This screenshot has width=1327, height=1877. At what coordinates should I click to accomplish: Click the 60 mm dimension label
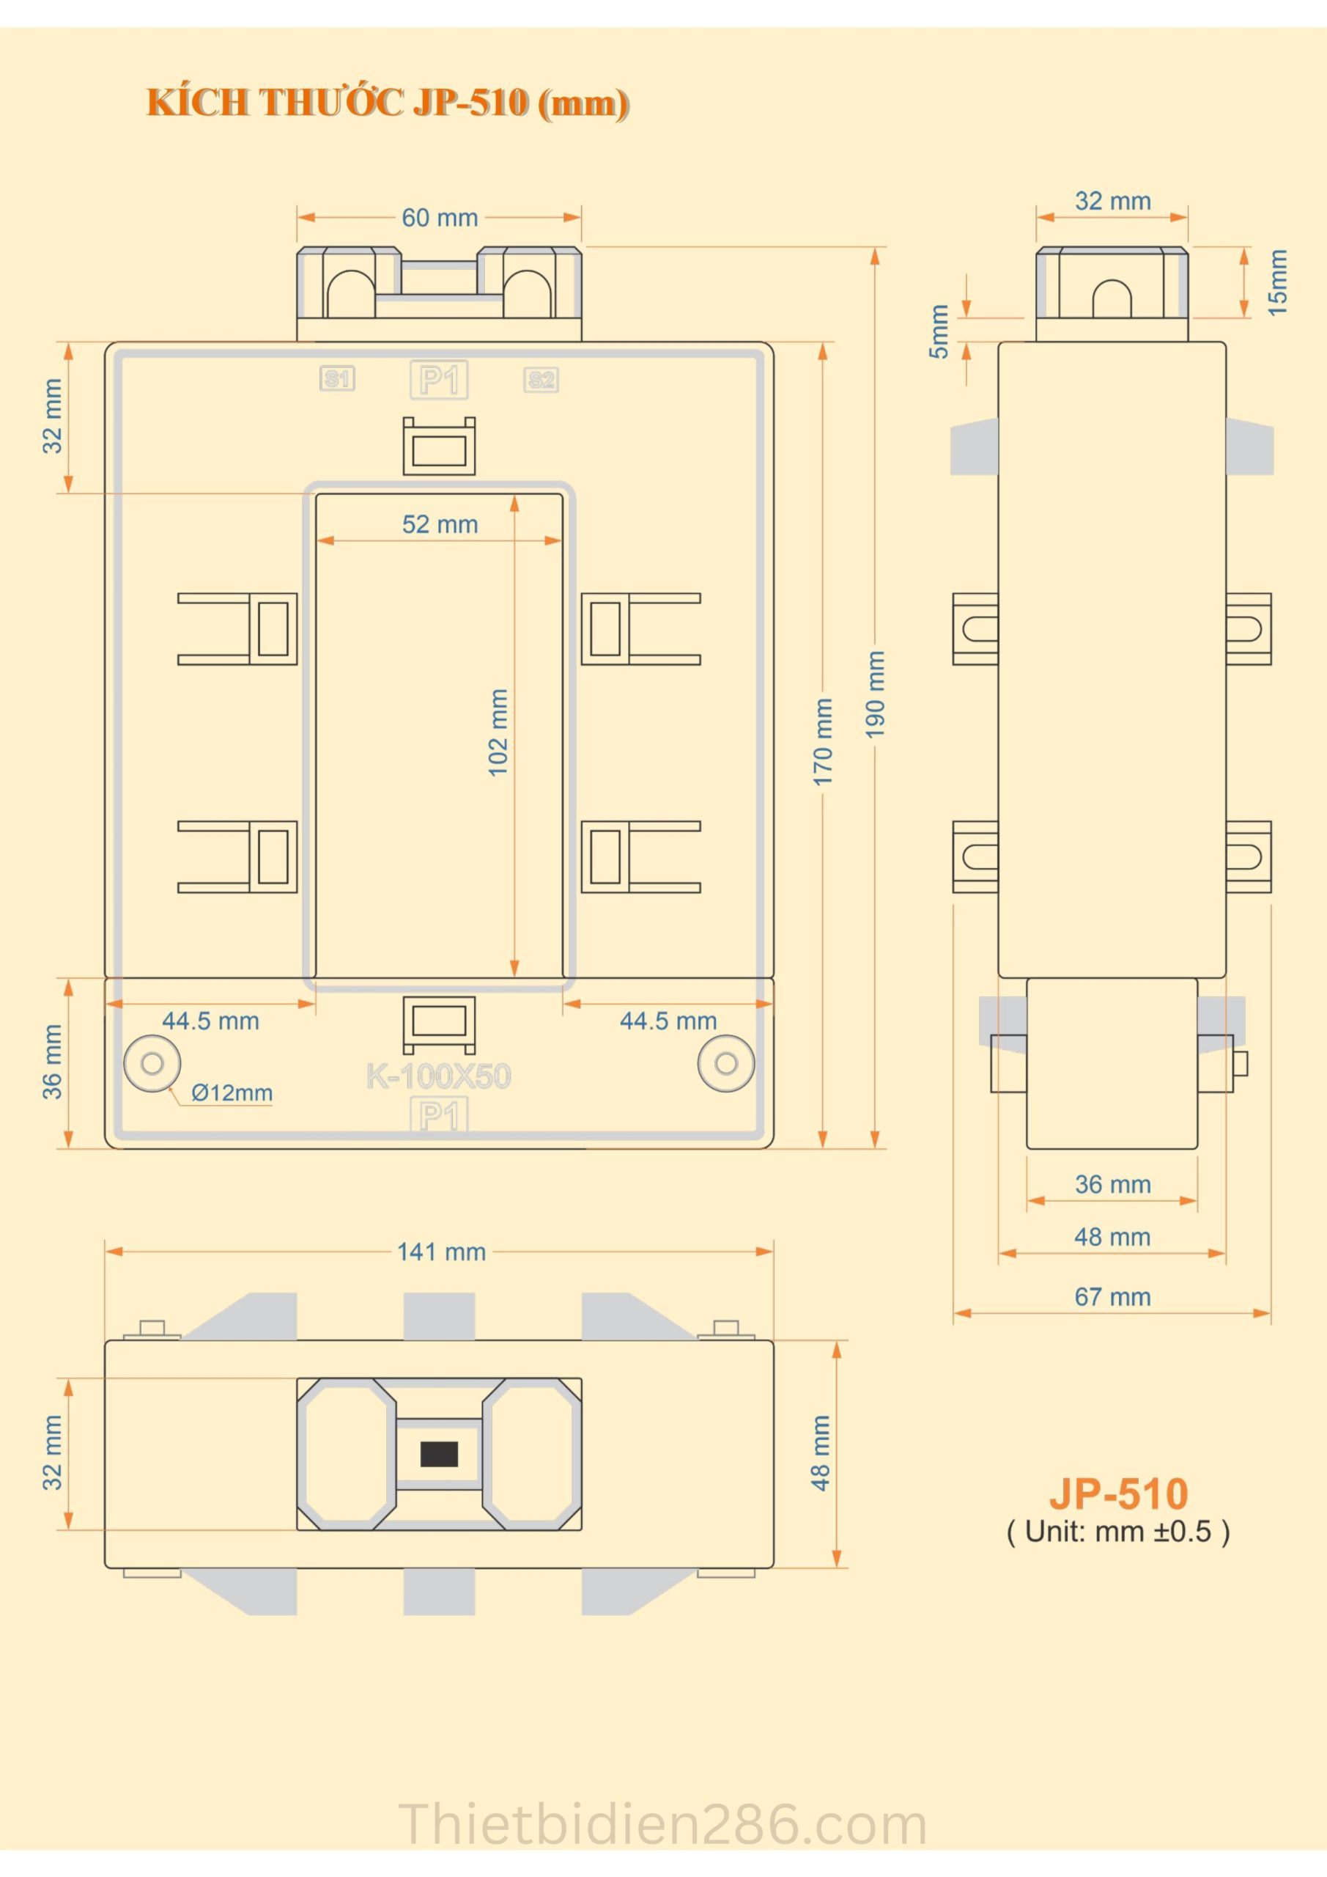tap(440, 218)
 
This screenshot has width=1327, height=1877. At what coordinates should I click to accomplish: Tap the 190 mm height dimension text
tap(875, 694)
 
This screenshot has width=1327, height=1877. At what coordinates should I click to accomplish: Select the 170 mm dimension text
tap(823, 741)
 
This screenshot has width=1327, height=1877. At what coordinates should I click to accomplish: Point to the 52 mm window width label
tap(440, 525)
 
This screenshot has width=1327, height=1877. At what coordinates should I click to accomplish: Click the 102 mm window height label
tap(498, 732)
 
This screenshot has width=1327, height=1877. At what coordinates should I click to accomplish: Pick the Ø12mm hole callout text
tap(232, 1093)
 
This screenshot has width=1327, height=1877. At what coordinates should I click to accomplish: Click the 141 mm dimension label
tap(441, 1252)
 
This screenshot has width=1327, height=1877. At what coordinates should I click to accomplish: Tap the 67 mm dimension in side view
tap(1112, 1296)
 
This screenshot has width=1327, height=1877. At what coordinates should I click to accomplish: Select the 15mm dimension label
tap(1277, 283)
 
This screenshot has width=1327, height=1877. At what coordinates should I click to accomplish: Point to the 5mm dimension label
tap(939, 331)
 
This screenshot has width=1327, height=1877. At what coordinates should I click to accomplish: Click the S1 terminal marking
tap(336, 378)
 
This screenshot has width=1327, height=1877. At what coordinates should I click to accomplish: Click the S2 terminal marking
tap(541, 380)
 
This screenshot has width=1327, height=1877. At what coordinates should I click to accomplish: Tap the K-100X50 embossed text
tap(439, 1076)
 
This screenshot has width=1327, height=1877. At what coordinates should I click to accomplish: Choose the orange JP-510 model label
tap(1118, 1494)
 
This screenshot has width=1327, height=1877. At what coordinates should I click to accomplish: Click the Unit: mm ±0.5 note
tap(1118, 1531)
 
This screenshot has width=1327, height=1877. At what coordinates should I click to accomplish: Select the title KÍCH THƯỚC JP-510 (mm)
tap(388, 103)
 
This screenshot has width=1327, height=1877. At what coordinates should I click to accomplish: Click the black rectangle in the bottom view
tap(439, 1455)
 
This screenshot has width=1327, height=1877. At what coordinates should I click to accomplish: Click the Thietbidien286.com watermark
tap(662, 1825)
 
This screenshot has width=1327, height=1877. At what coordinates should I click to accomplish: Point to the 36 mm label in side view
tap(1112, 1185)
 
